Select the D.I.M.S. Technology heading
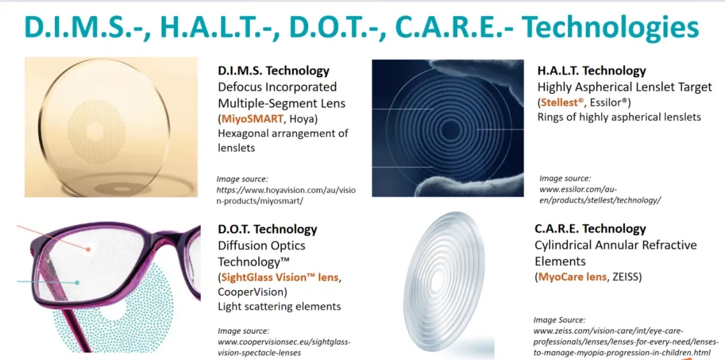[274, 71]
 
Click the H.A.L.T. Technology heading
[591, 71]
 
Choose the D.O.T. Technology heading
[268, 229]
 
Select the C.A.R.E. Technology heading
[590, 229]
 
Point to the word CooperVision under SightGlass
[251, 292]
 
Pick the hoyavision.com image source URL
[287, 195]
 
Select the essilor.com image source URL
[600, 194]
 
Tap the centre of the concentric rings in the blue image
[448, 132]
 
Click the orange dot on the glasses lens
[87, 249]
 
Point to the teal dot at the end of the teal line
[77, 282]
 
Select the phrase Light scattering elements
[279, 306]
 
